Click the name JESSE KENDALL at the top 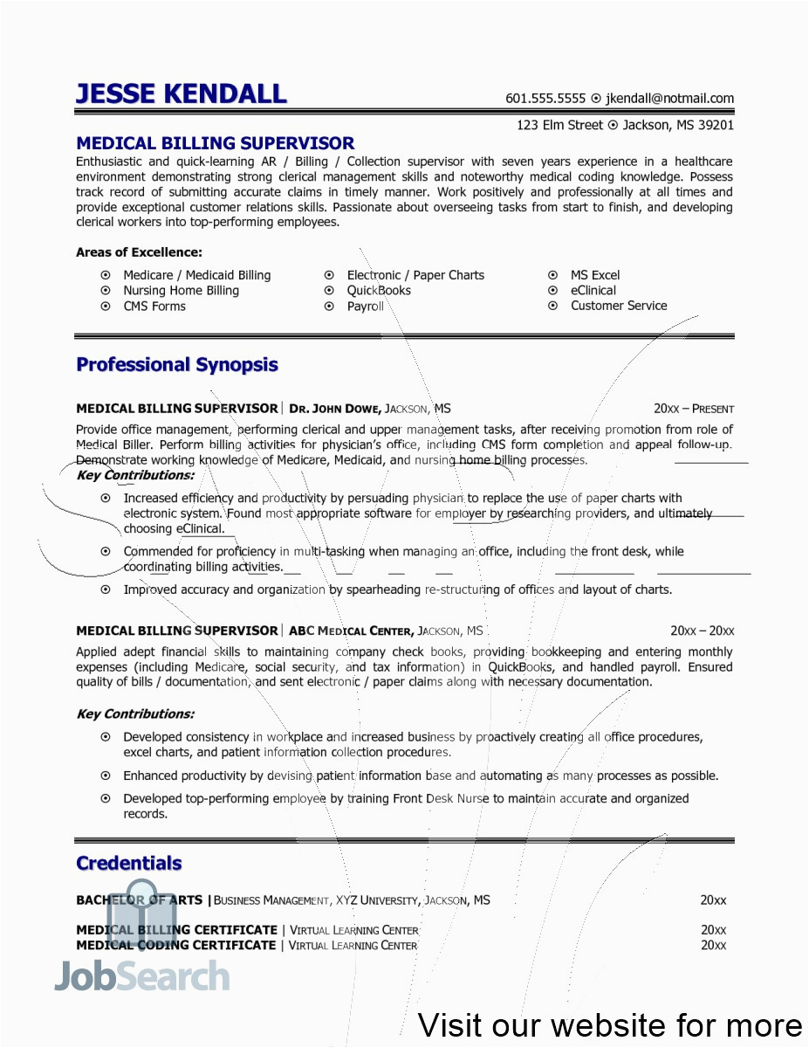tap(181, 93)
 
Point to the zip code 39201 tap(715, 125)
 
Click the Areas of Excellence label tap(139, 252)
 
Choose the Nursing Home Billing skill tap(181, 291)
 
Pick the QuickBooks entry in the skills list tap(379, 291)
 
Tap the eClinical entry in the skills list tap(593, 291)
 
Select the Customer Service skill tap(618, 306)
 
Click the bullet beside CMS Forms tap(106, 307)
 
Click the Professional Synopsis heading tap(177, 365)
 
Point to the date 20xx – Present tap(693, 409)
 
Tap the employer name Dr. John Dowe tap(335, 409)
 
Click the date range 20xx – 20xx tap(702, 631)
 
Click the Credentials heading tap(129, 864)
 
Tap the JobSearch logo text tap(143, 976)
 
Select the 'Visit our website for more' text tap(610, 1024)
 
